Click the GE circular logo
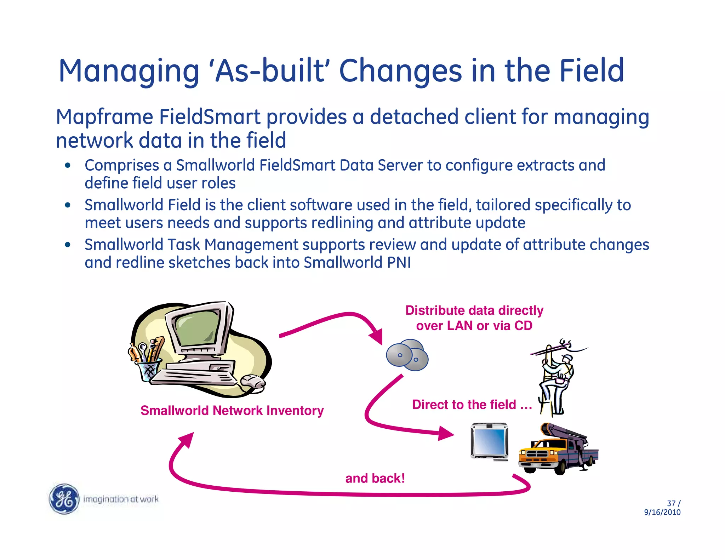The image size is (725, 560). pyautogui.click(x=64, y=498)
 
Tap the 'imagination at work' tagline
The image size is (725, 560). pyautogui.click(x=121, y=499)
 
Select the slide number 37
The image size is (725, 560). pyautogui.click(x=671, y=503)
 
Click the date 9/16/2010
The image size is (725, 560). pyautogui.click(x=662, y=512)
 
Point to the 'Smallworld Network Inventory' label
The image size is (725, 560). pyautogui.click(x=232, y=411)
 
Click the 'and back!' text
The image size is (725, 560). pyautogui.click(x=375, y=479)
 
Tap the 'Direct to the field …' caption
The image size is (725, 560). pyautogui.click(x=472, y=405)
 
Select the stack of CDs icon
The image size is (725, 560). pyautogui.click(x=407, y=355)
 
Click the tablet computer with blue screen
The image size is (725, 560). pyautogui.click(x=490, y=441)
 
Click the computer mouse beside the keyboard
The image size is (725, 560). pyautogui.click(x=253, y=382)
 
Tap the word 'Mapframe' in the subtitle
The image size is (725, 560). pyautogui.click(x=104, y=117)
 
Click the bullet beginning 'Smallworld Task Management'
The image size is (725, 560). pyautogui.click(x=366, y=253)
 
